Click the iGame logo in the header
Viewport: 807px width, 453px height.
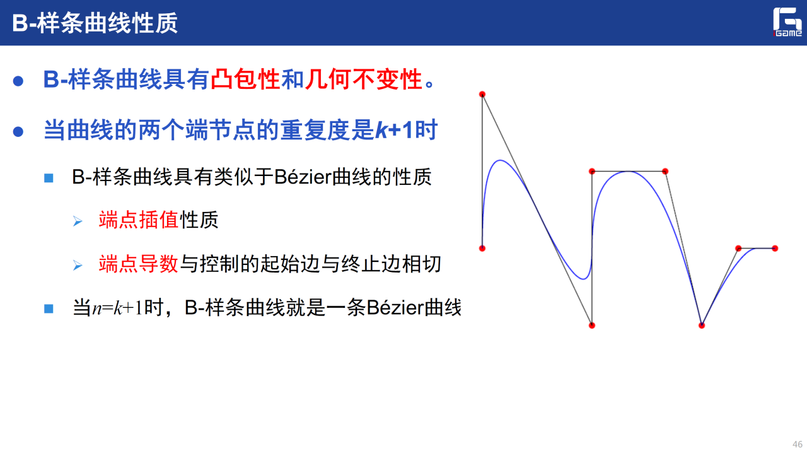pyautogui.click(x=787, y=22)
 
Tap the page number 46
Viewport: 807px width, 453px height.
pyautogui.click(x=798, y=444)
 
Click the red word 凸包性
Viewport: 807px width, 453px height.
pyautogui.click(x=245, y=79)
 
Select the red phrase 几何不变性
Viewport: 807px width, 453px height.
pyautogui.click(x=364, y=79)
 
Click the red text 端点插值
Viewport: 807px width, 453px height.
pyautogui.click(x=139, y=220)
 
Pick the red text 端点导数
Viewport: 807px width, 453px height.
pyautogui.click(x=139, y=264)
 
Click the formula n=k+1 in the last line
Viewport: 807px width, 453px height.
pyautogui.click(x=118, y=308)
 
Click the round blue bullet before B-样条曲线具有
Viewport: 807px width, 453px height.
pyautogui.click(x=18, y=81)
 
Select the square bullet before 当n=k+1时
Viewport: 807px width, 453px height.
pyautogui.click(x=49, y=309)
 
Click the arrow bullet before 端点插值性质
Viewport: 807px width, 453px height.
pyautogui.click(x=78, y=221)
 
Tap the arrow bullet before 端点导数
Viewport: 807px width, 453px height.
pyautogui.click(x=78, y=265)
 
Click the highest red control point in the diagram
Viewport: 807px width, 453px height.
pyautogui.click(x=482, y=95)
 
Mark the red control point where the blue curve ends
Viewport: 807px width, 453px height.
pyautogui.click(x=775, y=248)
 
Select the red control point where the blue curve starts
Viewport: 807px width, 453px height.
pyautogui.click(x=482, y=248)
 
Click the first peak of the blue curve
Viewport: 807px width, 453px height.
pyautogui.click(x=500, y=160)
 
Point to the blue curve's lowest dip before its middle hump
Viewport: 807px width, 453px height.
pyautogui.click(x=584, y=278)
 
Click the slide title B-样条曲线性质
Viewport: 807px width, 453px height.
pyautogui.click(x=95, y=23)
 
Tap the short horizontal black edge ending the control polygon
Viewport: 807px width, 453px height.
pyautogui.click(x=757, y=248)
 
